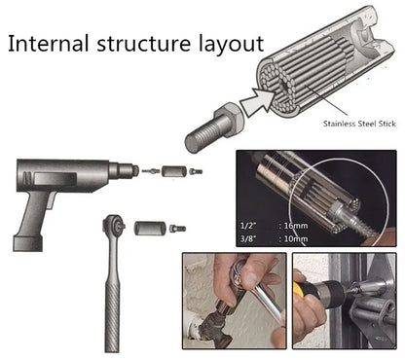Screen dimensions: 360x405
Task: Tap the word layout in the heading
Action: (x=228, y=46)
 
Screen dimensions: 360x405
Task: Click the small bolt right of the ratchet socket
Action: (x=176, y=229)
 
